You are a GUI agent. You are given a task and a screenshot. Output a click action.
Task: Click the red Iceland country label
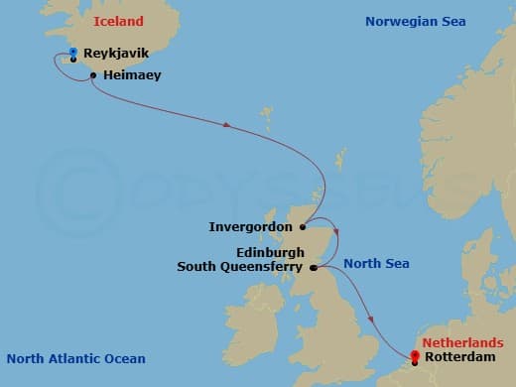click(118, 21)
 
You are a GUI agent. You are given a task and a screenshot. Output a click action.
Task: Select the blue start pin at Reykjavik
click(74, 53)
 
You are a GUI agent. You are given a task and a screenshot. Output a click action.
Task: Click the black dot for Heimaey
click(92, 75)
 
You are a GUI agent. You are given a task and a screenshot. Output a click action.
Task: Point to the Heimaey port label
click(133, 75)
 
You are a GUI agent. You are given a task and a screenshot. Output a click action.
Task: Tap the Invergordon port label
click(251, 226)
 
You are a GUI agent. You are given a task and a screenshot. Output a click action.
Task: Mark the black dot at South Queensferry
click(313, 267)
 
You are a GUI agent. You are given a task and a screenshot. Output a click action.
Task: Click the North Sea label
click(376, 264)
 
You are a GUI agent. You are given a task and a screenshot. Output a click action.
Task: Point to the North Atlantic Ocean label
click(75, 359)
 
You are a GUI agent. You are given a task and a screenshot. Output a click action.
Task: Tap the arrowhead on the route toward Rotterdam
click(371, 319)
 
